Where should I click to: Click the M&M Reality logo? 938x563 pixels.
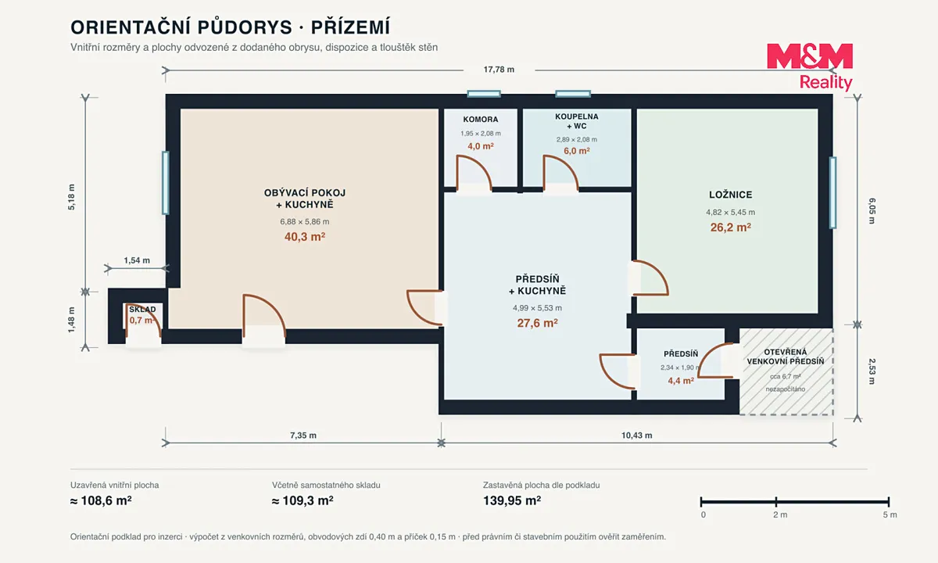click(810, 66)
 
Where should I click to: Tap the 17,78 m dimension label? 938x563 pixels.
click(499, 70)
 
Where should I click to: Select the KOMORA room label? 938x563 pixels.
click(480, 120)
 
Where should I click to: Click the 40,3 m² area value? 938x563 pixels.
click(305, 237)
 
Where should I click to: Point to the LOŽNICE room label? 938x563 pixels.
click(731, 195)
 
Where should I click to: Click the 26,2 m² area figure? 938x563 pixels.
click(731, 227)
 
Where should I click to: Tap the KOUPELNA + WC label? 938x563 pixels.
click(577, 121)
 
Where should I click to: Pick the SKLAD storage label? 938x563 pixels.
click(142, 310)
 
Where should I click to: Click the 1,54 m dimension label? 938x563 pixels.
click(137, 260)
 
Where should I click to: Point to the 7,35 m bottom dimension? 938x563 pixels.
click(303, 436)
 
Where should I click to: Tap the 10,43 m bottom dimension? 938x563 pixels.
click(636, 436)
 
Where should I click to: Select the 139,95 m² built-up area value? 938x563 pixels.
click(512, 500)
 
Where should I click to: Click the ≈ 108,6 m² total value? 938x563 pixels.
click(101, 500)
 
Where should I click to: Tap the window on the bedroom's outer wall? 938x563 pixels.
click(833, 192)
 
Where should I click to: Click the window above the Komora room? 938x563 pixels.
click(484, 94)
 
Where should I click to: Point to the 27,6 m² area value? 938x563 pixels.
click(537, 323)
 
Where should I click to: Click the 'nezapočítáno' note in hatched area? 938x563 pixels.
click(785, 389)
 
